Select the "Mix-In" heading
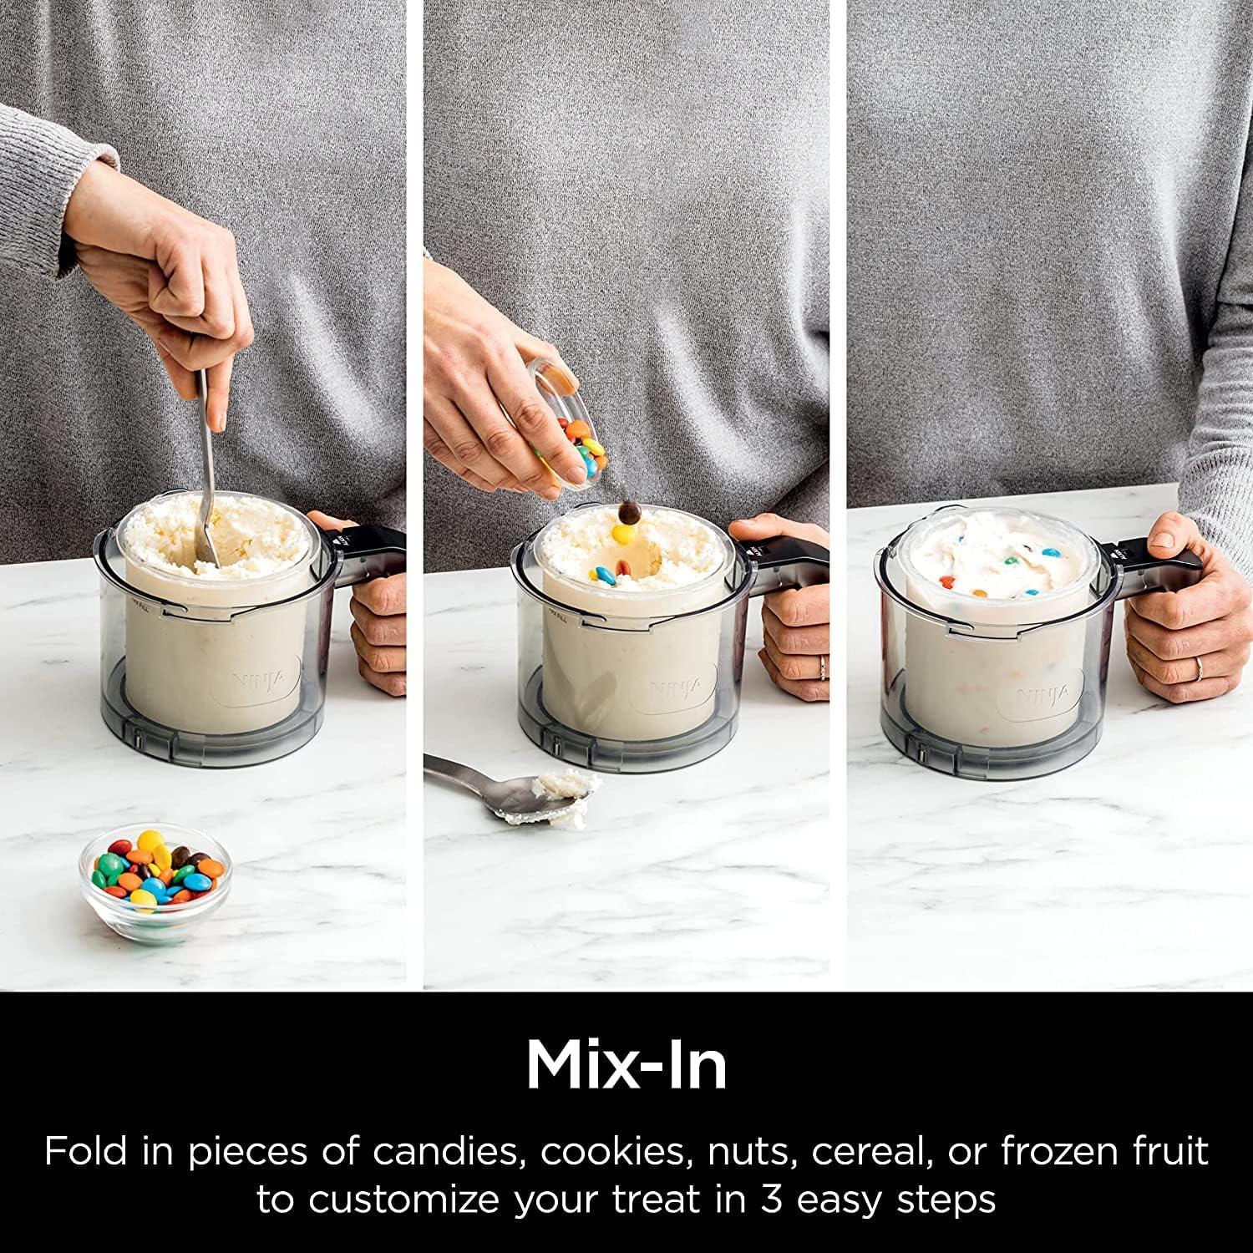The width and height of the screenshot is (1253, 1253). click(x=626, y=1064)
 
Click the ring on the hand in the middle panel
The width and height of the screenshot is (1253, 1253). click(x=822, y=665)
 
